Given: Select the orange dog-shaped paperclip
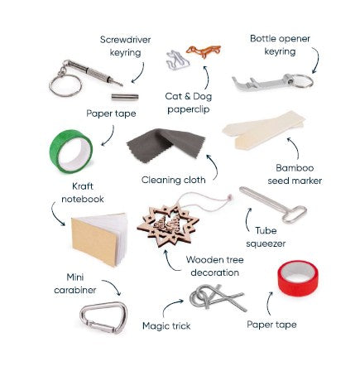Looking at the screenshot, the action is point(204,51).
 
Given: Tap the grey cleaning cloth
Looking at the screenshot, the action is point(166,144).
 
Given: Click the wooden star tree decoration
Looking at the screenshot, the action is point(168,226).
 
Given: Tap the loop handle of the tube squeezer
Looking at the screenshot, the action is point(294,215).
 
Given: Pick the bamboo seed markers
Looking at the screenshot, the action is point(263,130).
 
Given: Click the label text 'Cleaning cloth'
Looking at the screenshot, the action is point(174,180).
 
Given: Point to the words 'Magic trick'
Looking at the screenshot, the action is point(166,326).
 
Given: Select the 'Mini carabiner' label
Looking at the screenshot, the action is point(75,283).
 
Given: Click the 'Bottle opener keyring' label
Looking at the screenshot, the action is point(280,45).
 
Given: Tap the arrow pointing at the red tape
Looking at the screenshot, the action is point(268,303).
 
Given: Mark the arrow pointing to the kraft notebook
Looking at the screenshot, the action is point(55,215).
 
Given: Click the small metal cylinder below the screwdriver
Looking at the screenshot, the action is point(125,97).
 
